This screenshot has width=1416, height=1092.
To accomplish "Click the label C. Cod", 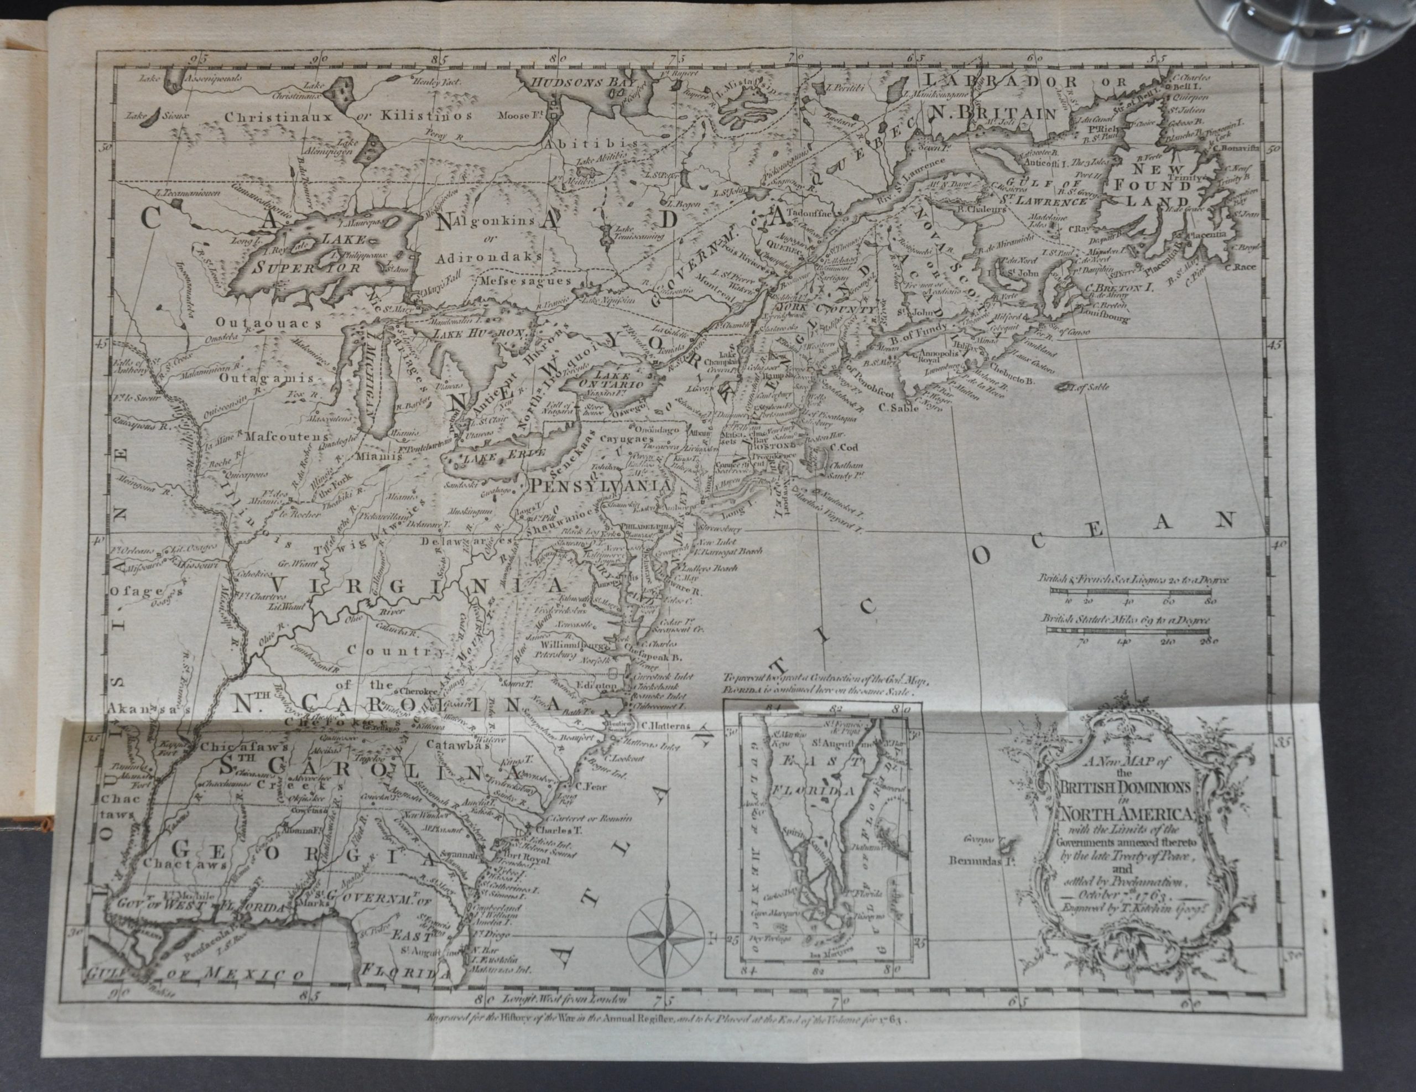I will (x=844, y=447).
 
